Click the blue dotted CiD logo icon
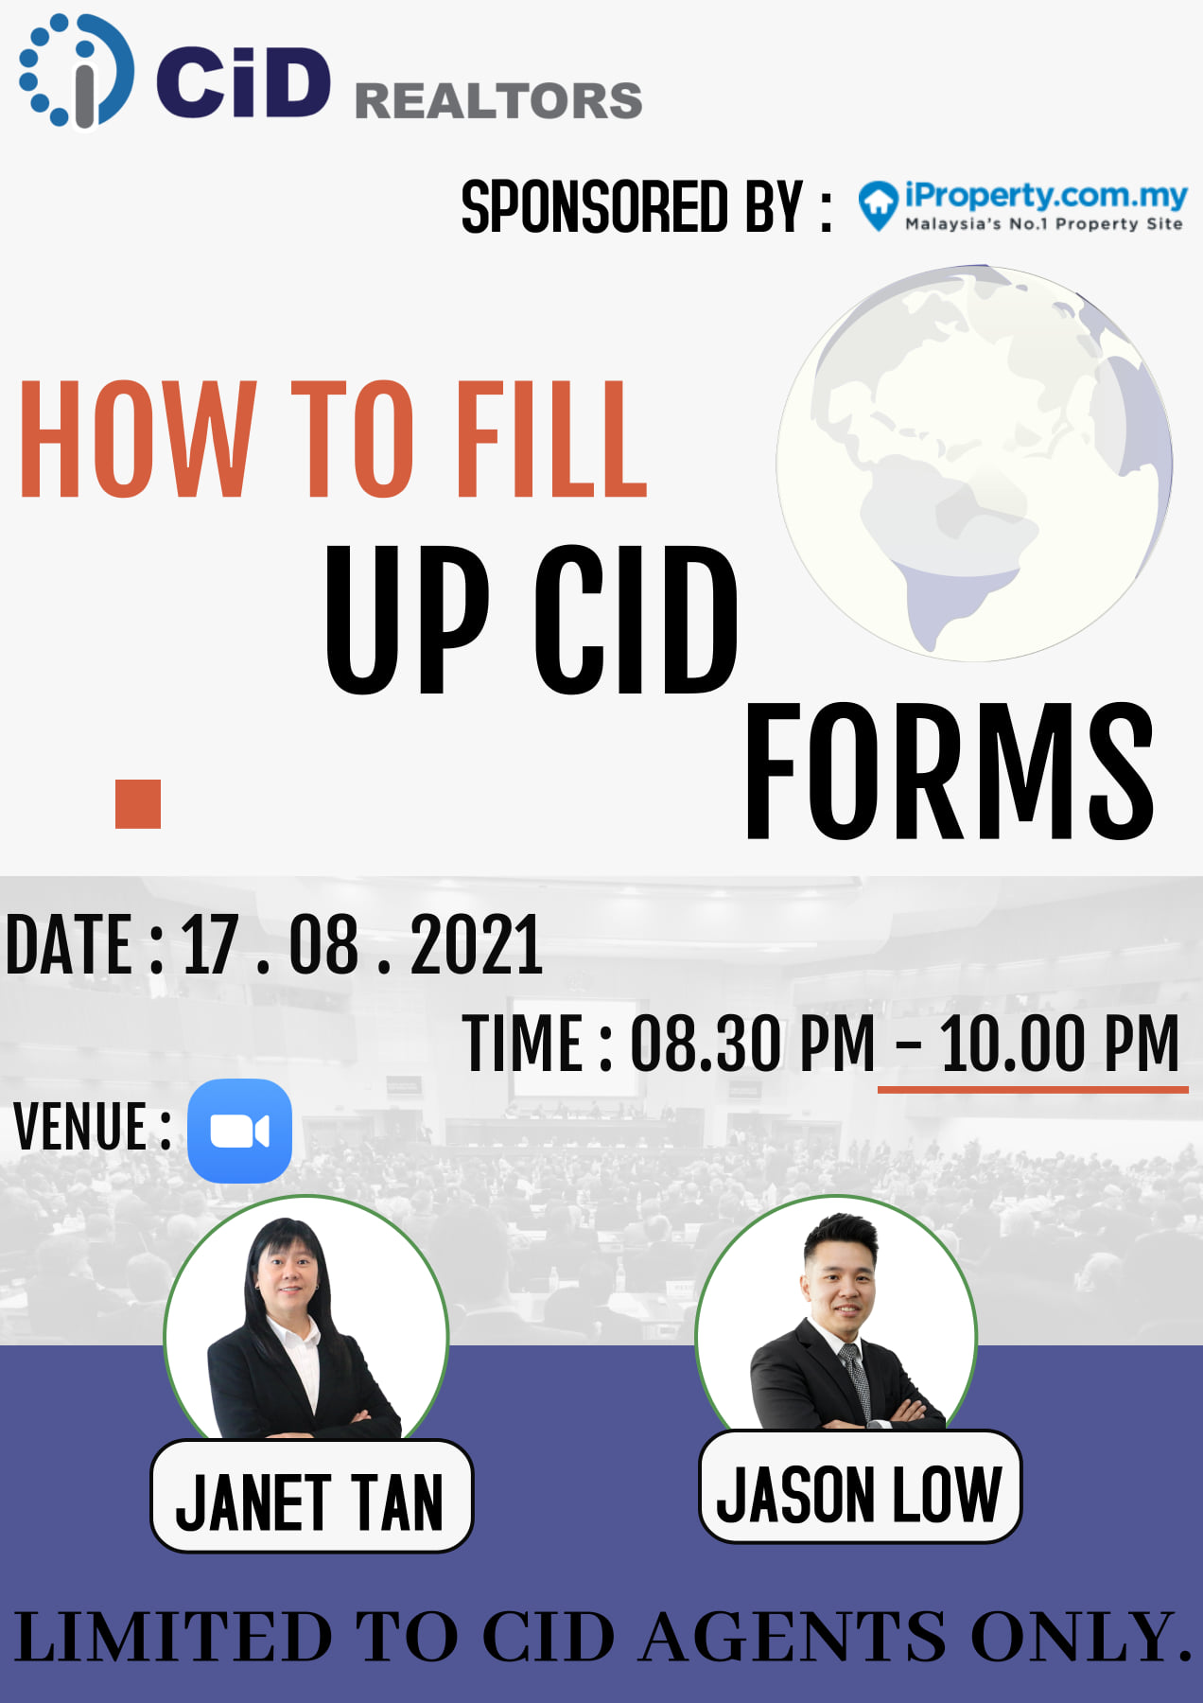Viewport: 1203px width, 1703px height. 76,71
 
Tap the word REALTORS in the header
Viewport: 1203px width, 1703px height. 498,101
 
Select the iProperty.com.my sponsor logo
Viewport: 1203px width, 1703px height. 1022,206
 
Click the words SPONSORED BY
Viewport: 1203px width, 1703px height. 632,206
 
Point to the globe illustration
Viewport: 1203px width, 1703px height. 974,463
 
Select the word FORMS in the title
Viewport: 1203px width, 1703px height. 950,771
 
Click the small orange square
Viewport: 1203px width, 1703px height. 138,804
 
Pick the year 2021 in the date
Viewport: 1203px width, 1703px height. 477,944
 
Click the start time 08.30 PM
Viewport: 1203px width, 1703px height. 753,1044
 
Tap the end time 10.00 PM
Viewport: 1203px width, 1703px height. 1059,1044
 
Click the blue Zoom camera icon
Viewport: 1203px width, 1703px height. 239,1131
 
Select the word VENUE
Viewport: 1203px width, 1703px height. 80,1127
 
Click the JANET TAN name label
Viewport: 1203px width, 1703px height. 311,1497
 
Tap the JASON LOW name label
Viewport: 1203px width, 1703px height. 860,1486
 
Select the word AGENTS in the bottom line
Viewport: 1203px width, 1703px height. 793,1637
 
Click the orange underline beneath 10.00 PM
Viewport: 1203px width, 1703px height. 1033,1090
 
